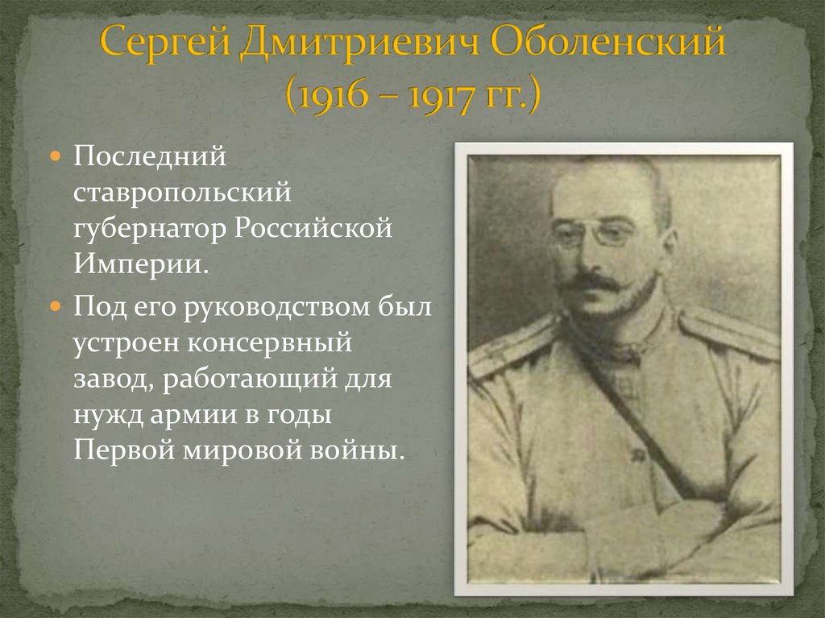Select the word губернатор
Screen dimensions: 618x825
coord(151,230)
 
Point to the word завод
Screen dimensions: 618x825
coord(110,380)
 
